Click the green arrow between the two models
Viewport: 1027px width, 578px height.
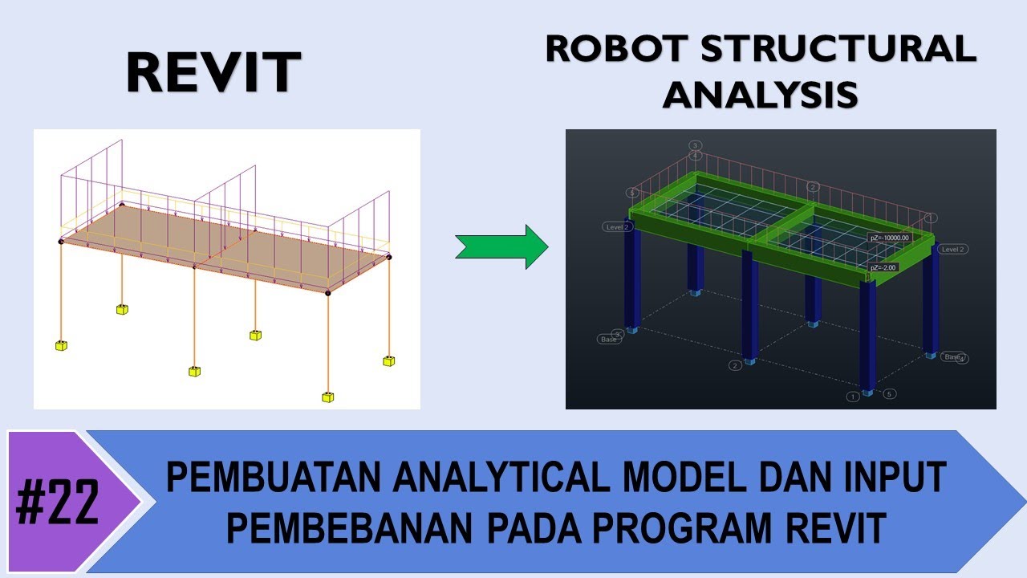pyautogui.click(x=501, y=246)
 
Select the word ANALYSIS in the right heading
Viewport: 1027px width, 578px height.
pyautogui.click(x=760, y=95)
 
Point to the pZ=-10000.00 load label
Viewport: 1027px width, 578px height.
pyautogui.click(x=889, y=238)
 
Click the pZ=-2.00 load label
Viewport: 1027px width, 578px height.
pyautogui.click(x=883, y=267)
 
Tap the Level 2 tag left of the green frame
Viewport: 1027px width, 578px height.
pyautogui.click(x=618, y=227)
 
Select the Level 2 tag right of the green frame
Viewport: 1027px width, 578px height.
pyautogui.click(x=952, y=250)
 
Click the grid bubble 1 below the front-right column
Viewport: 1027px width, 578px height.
pyautogui.click(x=853, y=396)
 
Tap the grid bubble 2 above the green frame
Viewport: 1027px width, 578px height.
pyautogui.click(x=813, y=187)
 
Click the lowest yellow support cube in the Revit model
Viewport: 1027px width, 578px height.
pyautogui.click(x=327, y=397)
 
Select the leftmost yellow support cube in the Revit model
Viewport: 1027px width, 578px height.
pyautogui.click(x=61, y=345)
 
